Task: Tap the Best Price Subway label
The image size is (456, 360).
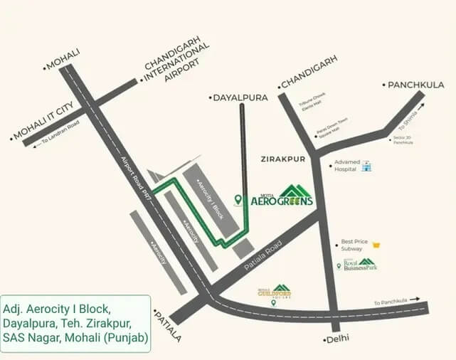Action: point(354,245)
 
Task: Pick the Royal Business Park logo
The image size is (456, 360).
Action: point(359,265)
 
